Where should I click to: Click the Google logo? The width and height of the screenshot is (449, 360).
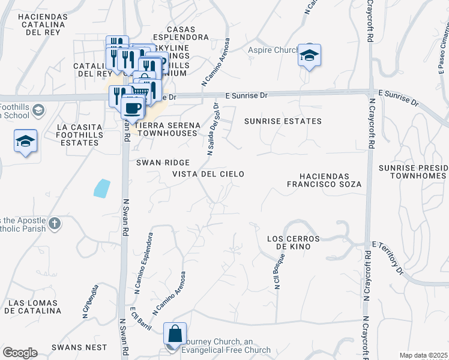pyautogui.click(x=20, y=353)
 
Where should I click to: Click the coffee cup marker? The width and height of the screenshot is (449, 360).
pyautogui.click(x=132, y=109)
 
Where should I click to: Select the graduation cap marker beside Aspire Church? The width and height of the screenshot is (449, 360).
pyautogui.click(x=309, y=55)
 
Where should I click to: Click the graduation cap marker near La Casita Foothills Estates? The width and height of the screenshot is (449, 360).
pyautogui.click(x=25, y=142)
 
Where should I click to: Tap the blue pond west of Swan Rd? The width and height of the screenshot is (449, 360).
pyautogui.click(x=102, y=188)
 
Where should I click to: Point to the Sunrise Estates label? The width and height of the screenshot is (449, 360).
pyautogui.click(x=282, y=121)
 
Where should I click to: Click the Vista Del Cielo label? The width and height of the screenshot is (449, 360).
pyautogui.click(x=208, y=174)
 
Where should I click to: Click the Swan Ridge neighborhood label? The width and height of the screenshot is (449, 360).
pyautogui.click(x=163, y=163)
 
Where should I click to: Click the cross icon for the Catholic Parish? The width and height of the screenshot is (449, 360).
pyautogui.click(x=54, y=224)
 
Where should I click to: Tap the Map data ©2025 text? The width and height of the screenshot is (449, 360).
pyautogui.click(x=423, y=355)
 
